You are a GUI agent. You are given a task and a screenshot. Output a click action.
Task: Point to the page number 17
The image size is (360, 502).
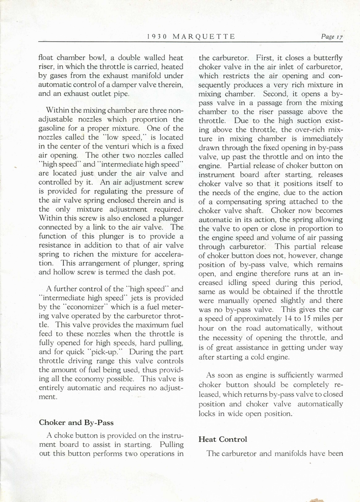[x=339, y=36]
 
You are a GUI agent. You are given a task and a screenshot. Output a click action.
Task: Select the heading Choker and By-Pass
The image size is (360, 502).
[x=76, y=422]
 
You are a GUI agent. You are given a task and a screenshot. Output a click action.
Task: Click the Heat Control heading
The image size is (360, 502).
[x=223, y=439]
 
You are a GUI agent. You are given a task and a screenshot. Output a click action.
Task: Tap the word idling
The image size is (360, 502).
[x=234, y=283]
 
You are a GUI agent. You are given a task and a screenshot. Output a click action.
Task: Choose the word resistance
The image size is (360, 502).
[x=57, y=245]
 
